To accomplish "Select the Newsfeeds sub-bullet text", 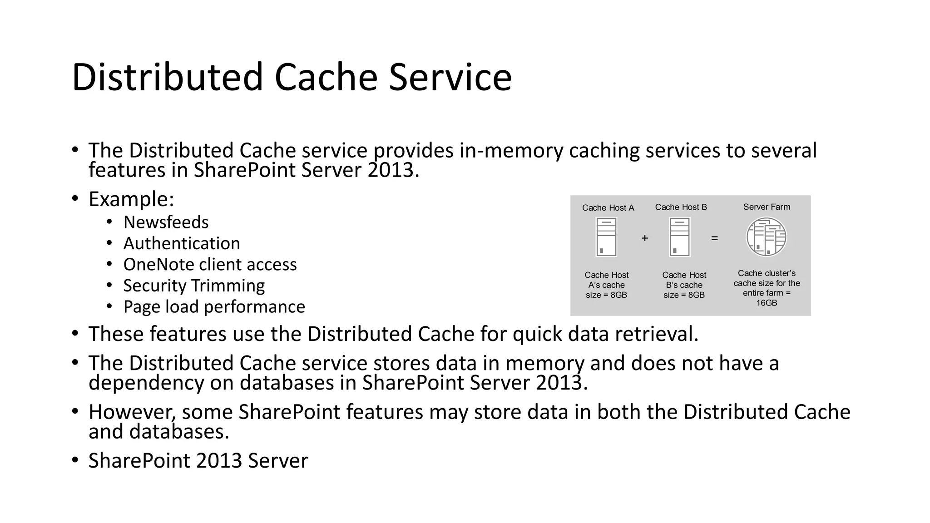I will point(166,222).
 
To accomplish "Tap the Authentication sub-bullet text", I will point(182,244).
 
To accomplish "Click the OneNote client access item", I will point(210,265).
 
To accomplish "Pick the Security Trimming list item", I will point(194,286).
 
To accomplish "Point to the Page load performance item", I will point(214,307).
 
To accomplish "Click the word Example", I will point(131,199).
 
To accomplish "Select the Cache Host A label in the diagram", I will point(608,208).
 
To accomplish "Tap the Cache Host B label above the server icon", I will point(681,207).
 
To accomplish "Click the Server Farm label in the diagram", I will point(767,207).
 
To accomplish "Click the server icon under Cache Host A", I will point(606,237).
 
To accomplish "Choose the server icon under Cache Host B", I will point(679,237).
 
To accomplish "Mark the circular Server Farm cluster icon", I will point(767,237).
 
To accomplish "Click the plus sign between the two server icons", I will point(644,238).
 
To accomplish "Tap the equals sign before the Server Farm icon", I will point(714,238).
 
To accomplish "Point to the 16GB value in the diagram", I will point(767,303).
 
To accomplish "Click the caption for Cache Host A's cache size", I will point(606,285).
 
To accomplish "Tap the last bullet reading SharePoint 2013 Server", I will point(198,461).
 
